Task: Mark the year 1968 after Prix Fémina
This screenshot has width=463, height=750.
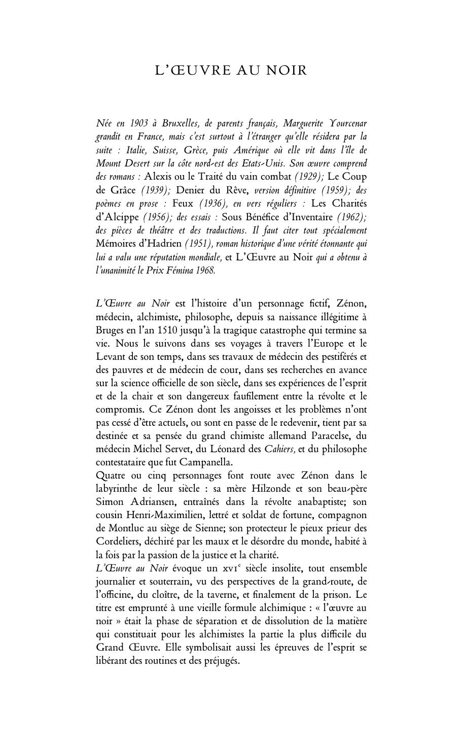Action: [205, 270]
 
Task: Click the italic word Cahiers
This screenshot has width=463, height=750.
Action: [280, 449]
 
